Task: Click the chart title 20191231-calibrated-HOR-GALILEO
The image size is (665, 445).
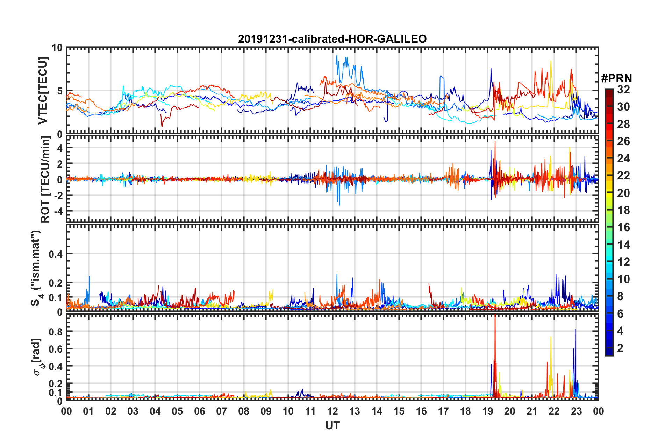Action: (x=332, y=39)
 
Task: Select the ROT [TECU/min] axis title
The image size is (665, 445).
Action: (x=45, y=179)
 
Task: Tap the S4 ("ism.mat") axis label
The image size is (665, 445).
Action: (x=36, y=268)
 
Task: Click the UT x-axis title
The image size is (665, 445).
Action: (x=332, y=426)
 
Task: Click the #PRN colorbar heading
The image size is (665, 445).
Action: (x=616, y=78)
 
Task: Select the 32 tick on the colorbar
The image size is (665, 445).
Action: (x=623, y=90)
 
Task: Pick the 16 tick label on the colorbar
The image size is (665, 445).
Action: (x=623, y=227)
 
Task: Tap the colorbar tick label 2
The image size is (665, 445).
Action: (x=620, y=348)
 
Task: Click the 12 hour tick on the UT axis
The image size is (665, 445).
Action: (x=332, y=411)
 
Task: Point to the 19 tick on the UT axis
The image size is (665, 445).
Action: (x=488, y=411)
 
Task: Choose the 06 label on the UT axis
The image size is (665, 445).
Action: (x=199, y=411)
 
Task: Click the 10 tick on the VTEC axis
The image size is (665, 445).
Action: (x=57, y=48)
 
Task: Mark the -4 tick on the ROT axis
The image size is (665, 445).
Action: (x=58, y=211)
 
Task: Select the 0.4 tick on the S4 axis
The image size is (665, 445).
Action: (x=56, y=254)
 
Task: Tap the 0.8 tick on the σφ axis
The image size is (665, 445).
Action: (x=56, y=332)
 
